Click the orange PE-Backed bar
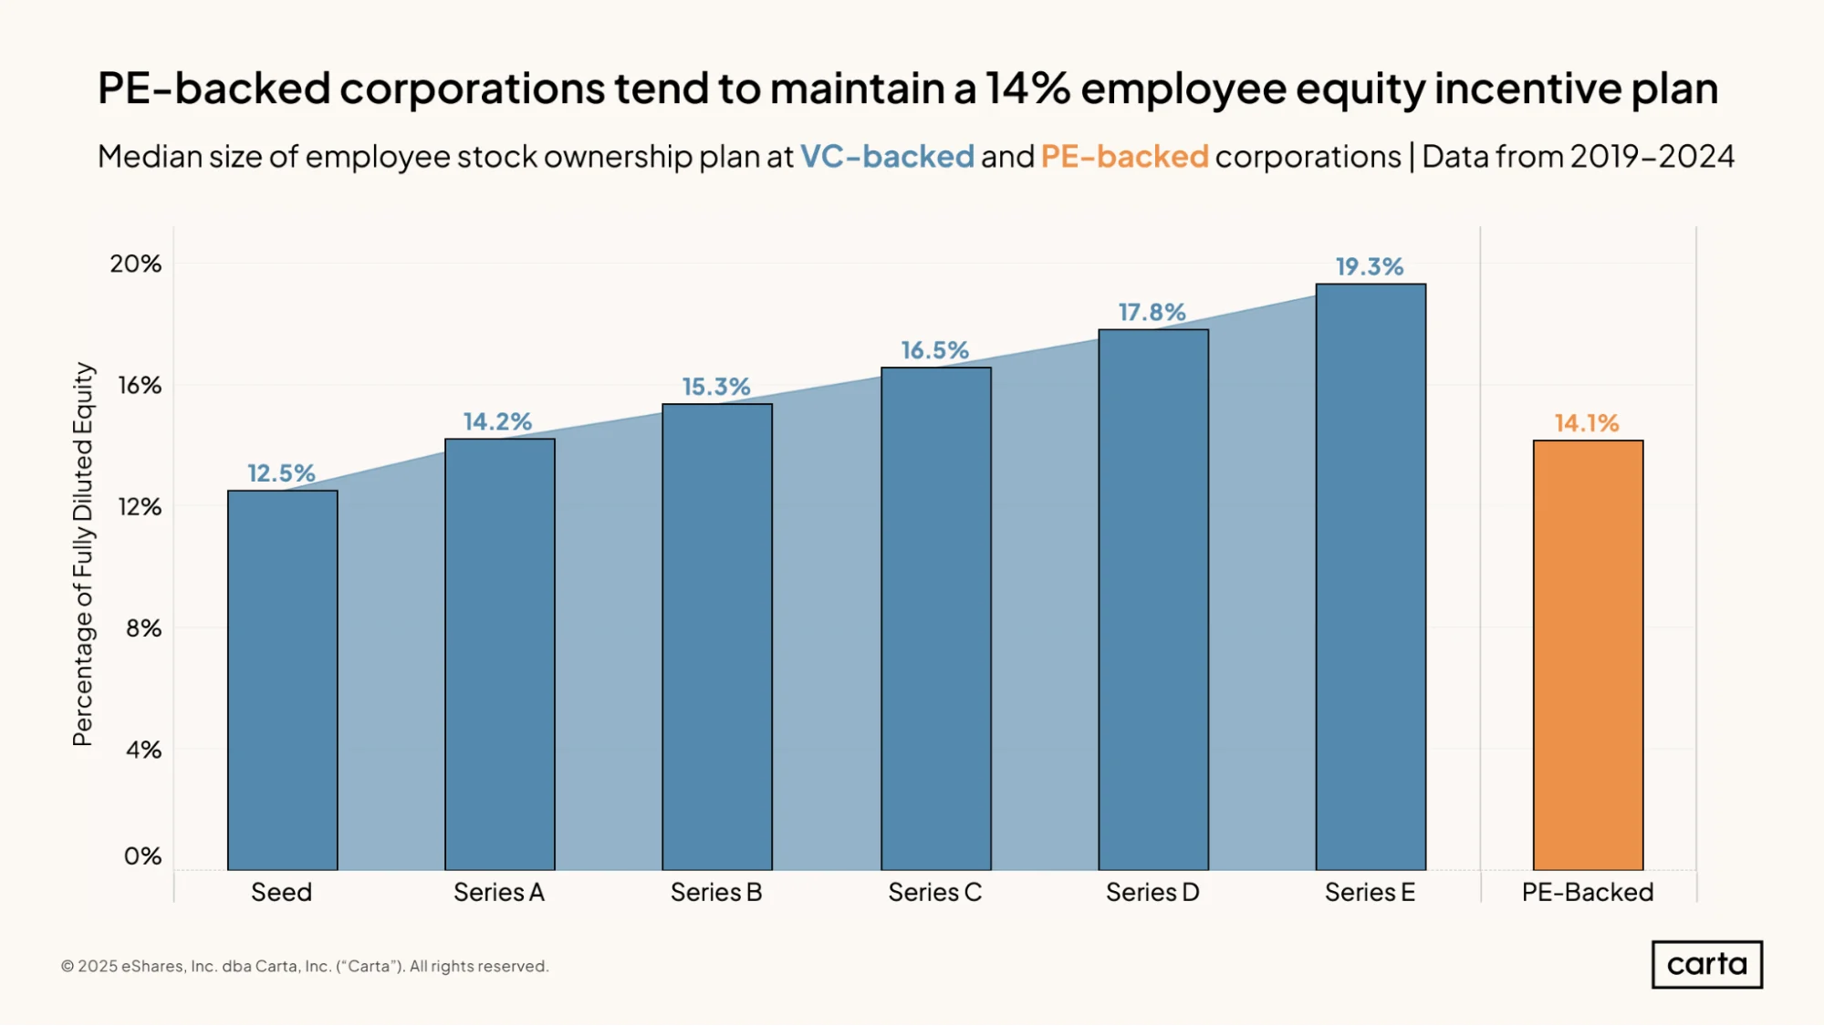pos(1588,655)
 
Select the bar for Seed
pos(282,680)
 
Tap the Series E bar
pos(1371,576)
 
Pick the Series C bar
pos(935,618)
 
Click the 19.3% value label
pos(1370,266)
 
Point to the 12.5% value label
pos(281,473)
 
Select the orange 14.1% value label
pos(1587,423)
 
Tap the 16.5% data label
pos(934,350)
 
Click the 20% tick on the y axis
pos(135,264)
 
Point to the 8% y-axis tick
pos(143,627)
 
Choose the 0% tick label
pos(142,855)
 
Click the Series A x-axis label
pos(499,892)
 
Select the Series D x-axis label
pos(1152,892)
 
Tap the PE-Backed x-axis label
pos(1588,892)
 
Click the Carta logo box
pos(1707,964)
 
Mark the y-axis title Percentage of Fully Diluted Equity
pos(83,554)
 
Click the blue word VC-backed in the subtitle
pos(888,156)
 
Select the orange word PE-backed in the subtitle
pos(1124,156)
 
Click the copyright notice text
pos(305,966)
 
